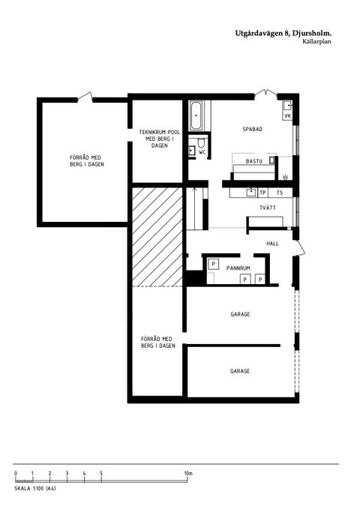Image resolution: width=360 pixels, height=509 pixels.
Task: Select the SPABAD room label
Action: [x=253, y=129]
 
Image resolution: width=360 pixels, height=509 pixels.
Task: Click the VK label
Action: [x=287, y=115]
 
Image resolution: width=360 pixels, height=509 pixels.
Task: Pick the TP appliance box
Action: [x=262, y=192]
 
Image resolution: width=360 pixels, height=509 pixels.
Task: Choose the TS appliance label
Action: [x=280, y=192]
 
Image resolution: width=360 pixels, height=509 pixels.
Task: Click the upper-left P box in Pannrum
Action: [x=212, y=265]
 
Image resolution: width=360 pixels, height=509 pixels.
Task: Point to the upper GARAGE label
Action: [x=240, y=314]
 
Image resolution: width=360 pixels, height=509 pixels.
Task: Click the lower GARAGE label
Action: [x=240, y=371]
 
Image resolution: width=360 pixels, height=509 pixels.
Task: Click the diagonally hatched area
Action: [x=157, y=236]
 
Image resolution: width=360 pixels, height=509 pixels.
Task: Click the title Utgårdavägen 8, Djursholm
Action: [x=283, y=34]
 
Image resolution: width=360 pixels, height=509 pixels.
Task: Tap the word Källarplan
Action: [x=317, y=43]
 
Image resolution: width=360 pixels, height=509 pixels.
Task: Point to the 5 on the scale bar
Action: [x=101, y=473]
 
